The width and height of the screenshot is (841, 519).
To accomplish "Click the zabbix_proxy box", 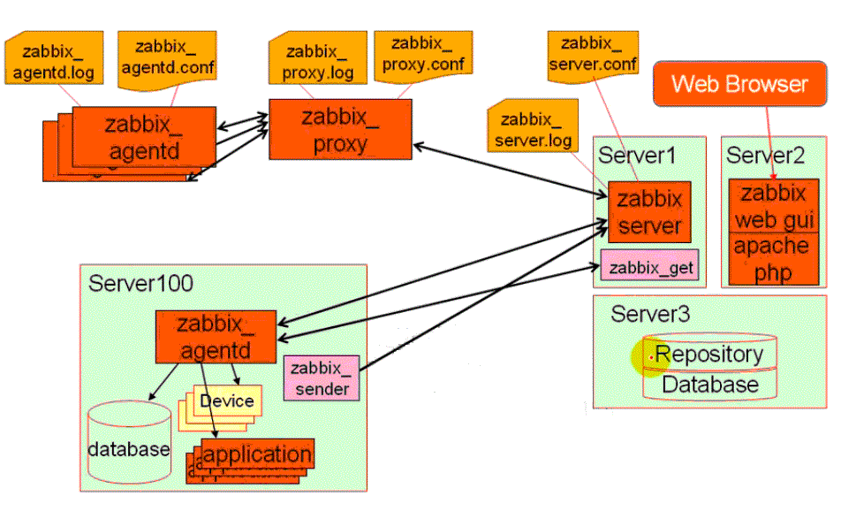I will click(x=340, y=129).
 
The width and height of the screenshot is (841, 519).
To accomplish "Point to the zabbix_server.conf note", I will click(x=591, y=53).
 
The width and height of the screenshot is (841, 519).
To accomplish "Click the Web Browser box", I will click(x=739, y=85).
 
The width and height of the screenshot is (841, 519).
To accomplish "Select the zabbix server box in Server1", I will click(x=649, y=211).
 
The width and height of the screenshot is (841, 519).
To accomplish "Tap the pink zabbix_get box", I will click(x=649, y=266).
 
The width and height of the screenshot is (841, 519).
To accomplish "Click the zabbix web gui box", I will click(x=773, y=206).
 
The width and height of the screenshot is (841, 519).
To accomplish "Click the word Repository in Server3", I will click(x=709, y=355).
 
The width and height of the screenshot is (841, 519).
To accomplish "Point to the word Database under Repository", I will click(x=709, y=385).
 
